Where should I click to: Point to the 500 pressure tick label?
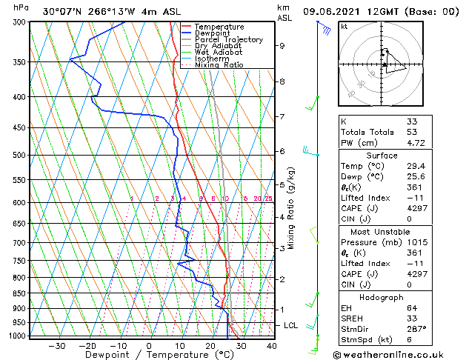(19, 155)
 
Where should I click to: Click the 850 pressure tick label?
(19, 293)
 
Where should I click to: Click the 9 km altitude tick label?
(282, 46)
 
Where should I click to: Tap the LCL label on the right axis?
(291, 325)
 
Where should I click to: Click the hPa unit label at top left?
(21, 7)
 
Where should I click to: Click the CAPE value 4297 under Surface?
(416, 207)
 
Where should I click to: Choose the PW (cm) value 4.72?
(415, 143)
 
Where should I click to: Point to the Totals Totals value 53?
(411, 132)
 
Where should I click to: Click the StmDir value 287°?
(416, 330)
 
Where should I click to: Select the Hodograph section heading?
(382, 297)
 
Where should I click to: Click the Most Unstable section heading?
(382, 231)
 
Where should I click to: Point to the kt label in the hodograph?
(344, 27)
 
